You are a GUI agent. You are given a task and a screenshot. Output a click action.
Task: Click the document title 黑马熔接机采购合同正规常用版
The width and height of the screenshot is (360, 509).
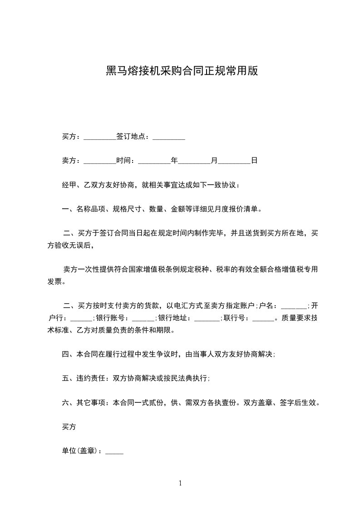182,71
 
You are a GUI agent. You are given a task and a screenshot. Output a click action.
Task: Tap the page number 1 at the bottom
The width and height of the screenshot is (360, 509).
180,483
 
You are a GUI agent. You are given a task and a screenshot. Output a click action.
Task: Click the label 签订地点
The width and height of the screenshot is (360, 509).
132,137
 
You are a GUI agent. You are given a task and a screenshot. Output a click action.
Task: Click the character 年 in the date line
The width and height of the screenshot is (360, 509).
174,161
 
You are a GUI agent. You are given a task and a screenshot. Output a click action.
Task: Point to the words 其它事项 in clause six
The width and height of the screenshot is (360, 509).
91,402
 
